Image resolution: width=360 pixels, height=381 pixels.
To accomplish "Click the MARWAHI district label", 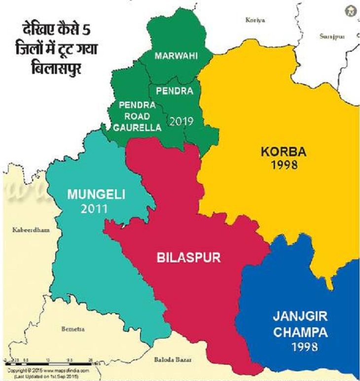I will coord(176,56).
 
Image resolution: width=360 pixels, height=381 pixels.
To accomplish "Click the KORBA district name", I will coord(284,151).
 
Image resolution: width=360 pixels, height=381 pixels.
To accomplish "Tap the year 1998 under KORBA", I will coord(284,165).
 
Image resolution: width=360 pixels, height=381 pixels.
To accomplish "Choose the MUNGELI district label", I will coord(96,194).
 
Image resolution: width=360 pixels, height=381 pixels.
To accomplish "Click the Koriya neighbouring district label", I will coord(255,20).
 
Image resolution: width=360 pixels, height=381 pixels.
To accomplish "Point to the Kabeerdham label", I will coord(28,230).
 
